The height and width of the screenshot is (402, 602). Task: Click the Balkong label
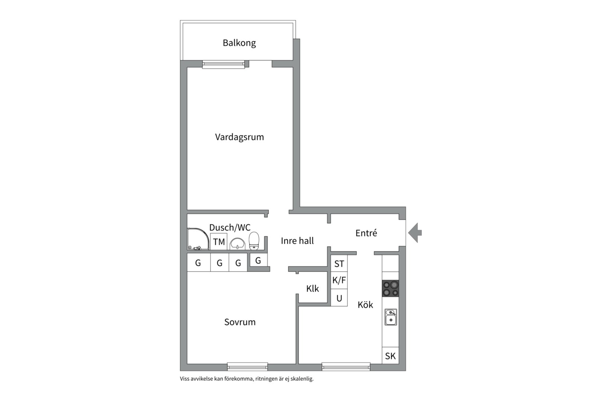[x=239, y=43]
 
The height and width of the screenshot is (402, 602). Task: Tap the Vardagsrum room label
[x=239, y=137]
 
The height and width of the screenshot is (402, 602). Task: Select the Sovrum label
[x=240, y=322]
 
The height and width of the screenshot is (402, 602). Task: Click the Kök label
[x=365, y=305]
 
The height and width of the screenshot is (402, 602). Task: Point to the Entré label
[x=366, y=233]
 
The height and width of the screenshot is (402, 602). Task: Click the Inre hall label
[x=297, y=241]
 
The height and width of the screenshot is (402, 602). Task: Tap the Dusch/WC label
[x=230, y=227]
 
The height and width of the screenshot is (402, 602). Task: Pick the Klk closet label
[x=313, y=288]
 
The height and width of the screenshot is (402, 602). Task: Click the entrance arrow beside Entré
[x=415, y=233]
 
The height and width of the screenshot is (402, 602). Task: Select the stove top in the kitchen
[x=391, y=288]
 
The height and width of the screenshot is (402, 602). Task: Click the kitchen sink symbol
[x=391, y=317]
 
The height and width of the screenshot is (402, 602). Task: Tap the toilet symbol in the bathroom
[x=254, y=241]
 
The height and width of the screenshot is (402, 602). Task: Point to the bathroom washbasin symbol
[x=237, y=244]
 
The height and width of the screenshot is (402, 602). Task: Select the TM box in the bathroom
[x=219, y=242]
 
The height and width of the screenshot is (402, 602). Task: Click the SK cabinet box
[x=390, y=356]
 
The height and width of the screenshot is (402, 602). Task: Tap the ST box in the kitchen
[x=339, y=264]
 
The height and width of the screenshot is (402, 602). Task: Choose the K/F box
[x=339, y=280]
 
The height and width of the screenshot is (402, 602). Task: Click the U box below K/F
[x=339, y=298]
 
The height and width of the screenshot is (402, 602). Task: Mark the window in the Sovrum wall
[x=247, y=367]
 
